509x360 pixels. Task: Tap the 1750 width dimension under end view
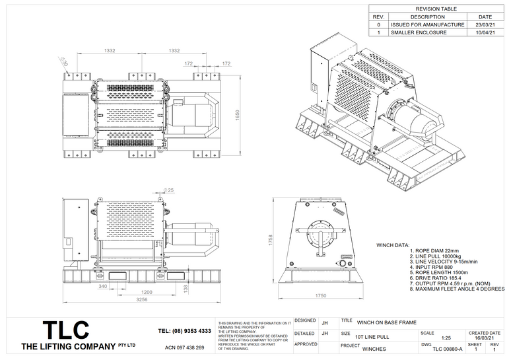pos(321,295)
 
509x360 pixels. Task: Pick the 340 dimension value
pos(102,286)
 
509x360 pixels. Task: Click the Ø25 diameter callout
pos(170,190)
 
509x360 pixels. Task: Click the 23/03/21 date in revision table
pos(485,24)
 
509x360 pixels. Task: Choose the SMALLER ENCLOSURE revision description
pos(418,32)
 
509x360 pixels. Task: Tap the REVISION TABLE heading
pos(436,9)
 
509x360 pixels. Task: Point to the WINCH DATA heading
pos(393,245)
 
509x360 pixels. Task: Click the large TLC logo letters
pos(65,330)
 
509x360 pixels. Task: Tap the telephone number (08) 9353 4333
pos(185,331)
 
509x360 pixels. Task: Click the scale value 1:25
pos(446,337)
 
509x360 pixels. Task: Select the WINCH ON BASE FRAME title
pos(387,322)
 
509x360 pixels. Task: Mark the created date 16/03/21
pos(485,337)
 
